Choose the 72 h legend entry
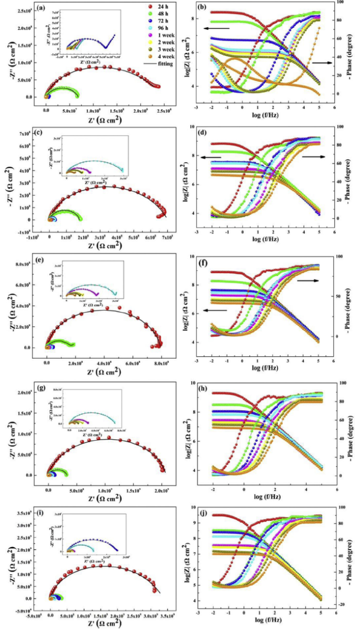click(150, 22)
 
